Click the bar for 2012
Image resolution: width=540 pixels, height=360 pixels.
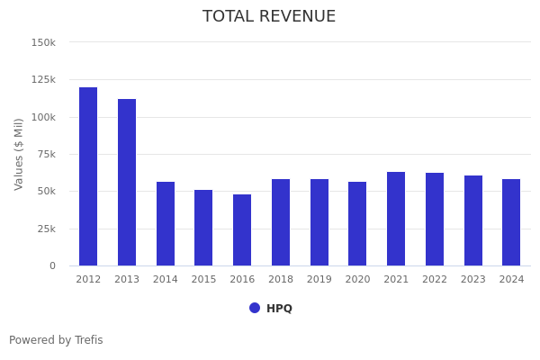(88, 176)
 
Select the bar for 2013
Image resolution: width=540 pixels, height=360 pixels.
(127, 183)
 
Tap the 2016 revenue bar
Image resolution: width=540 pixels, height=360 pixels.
(242, 230)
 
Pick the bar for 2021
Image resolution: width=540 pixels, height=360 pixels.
(396, 219)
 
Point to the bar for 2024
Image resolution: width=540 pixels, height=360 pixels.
(511, 222)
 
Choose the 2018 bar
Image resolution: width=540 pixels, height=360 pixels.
(281, 222)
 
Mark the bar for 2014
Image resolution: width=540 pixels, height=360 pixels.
(166, 224)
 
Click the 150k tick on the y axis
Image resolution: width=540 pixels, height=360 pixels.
(43, 42)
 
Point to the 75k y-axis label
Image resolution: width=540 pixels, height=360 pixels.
(46, 154)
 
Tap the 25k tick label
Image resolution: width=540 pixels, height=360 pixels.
(46, 229)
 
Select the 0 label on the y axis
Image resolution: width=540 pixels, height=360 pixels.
(52, 266)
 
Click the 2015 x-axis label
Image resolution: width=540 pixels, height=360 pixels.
(203, 280)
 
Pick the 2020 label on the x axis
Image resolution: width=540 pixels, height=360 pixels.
(357, 280)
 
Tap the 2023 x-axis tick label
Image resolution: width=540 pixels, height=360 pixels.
(473, 280)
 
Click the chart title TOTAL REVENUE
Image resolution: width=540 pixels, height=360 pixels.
(269, 17)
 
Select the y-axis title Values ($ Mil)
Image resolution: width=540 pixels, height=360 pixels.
(19, 154)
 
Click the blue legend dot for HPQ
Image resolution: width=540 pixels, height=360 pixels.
(255, 308)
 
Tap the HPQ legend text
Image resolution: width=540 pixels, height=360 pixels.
(279, 309)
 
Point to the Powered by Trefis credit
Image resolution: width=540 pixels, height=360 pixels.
(56, 340)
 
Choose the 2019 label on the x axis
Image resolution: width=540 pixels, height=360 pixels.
(319, 280)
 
